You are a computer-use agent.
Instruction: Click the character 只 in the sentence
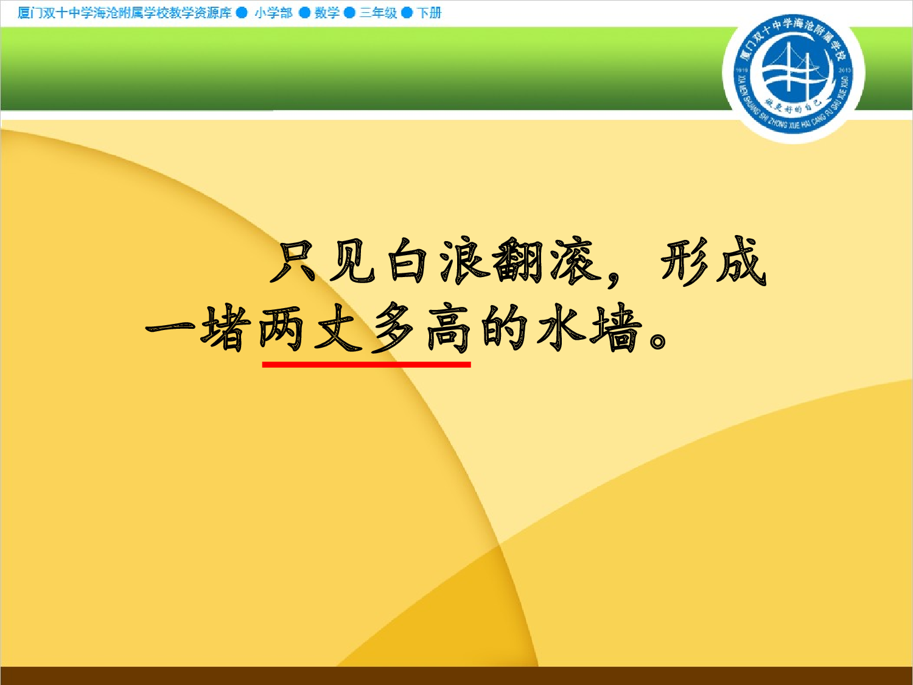pyautogui.click(x=295, y=262)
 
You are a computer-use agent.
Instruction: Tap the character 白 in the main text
pyautogui.click(x=407, y=262)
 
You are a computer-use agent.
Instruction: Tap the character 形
pyautogui.click(x=684, y=262)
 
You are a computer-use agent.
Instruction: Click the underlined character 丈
pyautogui.click(x=337, y=329)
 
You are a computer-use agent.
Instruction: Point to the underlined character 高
pyautogui.click(x=449, y=329)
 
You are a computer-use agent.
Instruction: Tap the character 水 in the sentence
pyautogui.click(x=561, y=329)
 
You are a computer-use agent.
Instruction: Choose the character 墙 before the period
pyautogui.click(x=617, y=329)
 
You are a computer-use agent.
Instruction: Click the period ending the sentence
pyautogui.click(x=658, y=340)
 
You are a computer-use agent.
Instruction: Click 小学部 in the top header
pyautogui.click(x=273, y=13)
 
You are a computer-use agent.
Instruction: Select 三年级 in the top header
pyautogui.click(x=378, y=13)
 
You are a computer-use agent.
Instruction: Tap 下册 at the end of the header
pyautogui.click(x=429, y=13)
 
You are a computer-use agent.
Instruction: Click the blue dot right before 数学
pyautogui.click(x=304, y=13)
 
